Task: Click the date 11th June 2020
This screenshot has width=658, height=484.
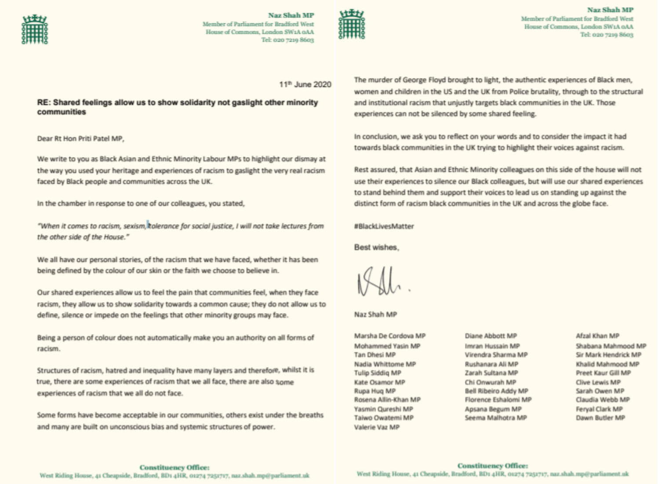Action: coord(305,84)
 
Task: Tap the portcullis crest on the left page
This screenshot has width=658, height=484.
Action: coord(35,29)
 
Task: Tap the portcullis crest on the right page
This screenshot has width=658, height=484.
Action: coord(352,24)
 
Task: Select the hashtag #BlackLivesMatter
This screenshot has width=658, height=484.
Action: coord(384,226)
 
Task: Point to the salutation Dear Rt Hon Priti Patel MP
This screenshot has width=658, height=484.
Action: coord(80,138)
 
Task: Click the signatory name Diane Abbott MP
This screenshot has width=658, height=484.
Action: coord(491,336)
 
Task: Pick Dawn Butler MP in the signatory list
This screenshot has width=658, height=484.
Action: coord(600,418)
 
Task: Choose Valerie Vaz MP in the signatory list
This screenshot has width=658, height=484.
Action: coord(377,427)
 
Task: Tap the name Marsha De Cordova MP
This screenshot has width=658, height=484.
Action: coord(389,336)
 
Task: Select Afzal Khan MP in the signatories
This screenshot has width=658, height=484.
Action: coord(597,336)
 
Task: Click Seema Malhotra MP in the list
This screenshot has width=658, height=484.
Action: coord(495,418)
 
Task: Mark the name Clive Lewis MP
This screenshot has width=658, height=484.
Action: coord(598,382)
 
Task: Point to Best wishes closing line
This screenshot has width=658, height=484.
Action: coord(376,247)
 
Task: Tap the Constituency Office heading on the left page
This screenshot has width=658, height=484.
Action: coord(174,467)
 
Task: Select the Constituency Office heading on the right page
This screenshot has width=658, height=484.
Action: coord(492,466)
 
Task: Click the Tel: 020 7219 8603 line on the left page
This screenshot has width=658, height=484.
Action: coord(287,40)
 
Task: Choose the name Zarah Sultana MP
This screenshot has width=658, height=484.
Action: coord(491,373)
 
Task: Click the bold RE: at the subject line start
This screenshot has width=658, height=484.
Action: coord(44,102)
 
